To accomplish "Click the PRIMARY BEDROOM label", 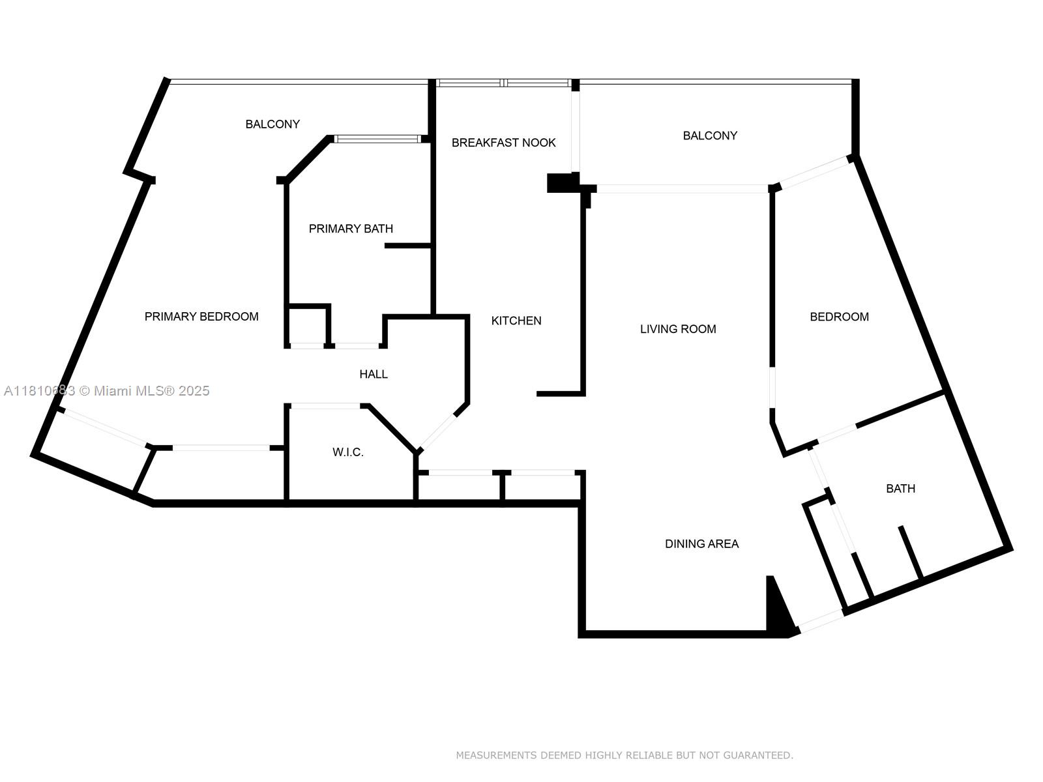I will pyautogui.click(x=201, y=317).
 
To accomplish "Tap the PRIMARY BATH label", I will pyautogui.click(x=351, y=229).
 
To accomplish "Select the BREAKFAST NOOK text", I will pyautogui.click(x=503, y=143).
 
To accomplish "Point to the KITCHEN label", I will pyautogui.click(x=516, y=321).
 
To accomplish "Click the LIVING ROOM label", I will pyautogui.click(x=678, y=329).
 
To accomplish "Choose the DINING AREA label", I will pyautogui.click(x=701, y=543).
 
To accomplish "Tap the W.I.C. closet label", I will pyautogui.click(x=347, y=452).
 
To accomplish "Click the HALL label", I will pyautogui.click(x=374, y=374).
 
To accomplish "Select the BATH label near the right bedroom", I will pyautogui.click(x=900, y=489).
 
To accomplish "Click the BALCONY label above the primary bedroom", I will pyautogui.click(x=272, y=124).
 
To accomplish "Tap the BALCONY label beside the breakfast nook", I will pyautogui.click(x=710, y=136).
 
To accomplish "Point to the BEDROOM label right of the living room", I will pyautogui.click(x=839, y=317).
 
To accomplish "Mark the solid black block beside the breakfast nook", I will pyautogui.click(x=561, y=183).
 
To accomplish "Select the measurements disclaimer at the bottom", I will pyautogui.click(x=624, y=755).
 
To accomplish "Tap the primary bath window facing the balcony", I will pyautogui.click(x=377, y=139).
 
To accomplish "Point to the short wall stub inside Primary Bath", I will pyautogui.click(x=407, y=246).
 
